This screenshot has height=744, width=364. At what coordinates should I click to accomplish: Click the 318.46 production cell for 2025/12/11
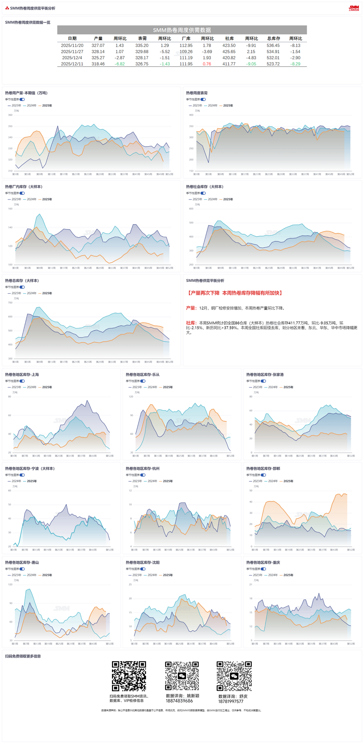(x=98, y=64)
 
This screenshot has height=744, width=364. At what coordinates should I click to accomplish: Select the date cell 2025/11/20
(x=72, y=45)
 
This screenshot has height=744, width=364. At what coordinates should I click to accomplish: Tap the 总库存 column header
(x=274, y=38)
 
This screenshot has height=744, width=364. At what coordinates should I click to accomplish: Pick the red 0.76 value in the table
(x=207, y=64)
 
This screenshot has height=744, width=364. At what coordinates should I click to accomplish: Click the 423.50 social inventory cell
(x=229, y=45)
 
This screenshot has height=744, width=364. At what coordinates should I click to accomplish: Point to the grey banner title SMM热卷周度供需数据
(x=182, y=30)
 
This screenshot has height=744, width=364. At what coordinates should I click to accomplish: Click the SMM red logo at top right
(x=354, y=8)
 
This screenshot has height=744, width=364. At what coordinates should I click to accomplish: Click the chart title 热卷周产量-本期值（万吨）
(x=26, y=93)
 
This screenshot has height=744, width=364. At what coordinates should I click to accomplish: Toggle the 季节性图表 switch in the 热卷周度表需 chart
(x=203, y=99)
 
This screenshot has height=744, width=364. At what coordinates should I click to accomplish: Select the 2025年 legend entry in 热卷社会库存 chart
(x=228, y=199)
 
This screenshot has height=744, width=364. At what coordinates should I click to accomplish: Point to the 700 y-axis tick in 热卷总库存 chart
(x=10, y=302)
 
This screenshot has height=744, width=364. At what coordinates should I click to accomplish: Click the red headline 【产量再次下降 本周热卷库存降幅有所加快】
(x=235, y=293)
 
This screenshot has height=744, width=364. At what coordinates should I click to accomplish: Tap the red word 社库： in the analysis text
(x=191, y=323)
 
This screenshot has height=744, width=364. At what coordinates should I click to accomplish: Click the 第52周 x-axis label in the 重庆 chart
(x=351, y=644)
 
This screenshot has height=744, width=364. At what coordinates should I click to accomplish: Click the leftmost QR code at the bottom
(x=129, y=676)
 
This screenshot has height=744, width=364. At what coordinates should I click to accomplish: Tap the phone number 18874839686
(x=180, y=701)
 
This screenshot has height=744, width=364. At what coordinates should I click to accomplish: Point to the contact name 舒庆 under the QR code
(x=243, y=696)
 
